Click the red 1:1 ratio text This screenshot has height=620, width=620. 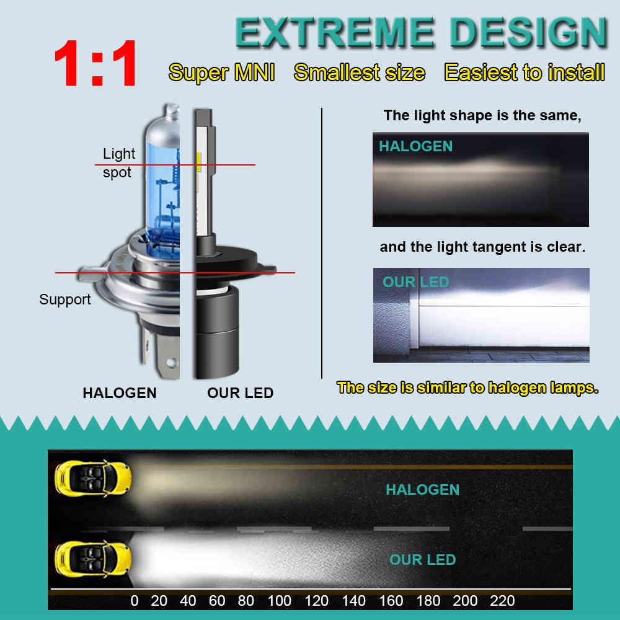[95, 63]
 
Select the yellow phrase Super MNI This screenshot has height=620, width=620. [221, 73]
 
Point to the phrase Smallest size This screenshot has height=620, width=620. [360, 73]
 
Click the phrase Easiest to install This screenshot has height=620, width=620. [525, 73]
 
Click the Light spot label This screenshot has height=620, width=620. [118, 163]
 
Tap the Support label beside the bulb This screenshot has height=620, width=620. [65, 299]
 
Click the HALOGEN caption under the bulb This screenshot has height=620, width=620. [120, 393]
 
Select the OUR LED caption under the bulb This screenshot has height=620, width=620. [241, 393]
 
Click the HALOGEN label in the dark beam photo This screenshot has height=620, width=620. [415, 146]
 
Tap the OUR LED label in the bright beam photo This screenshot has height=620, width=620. [415, 282]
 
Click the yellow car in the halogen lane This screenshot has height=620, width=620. [93, 478]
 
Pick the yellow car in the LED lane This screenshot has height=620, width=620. [93, 559]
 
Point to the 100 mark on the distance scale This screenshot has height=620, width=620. [279, 601]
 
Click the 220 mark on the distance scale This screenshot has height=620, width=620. [502, 601]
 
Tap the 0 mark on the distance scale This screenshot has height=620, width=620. [135, 601]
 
